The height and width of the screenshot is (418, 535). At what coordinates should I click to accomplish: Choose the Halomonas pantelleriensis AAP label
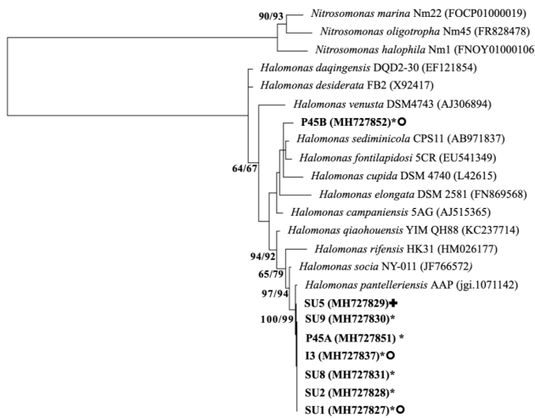tap(388, 285)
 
